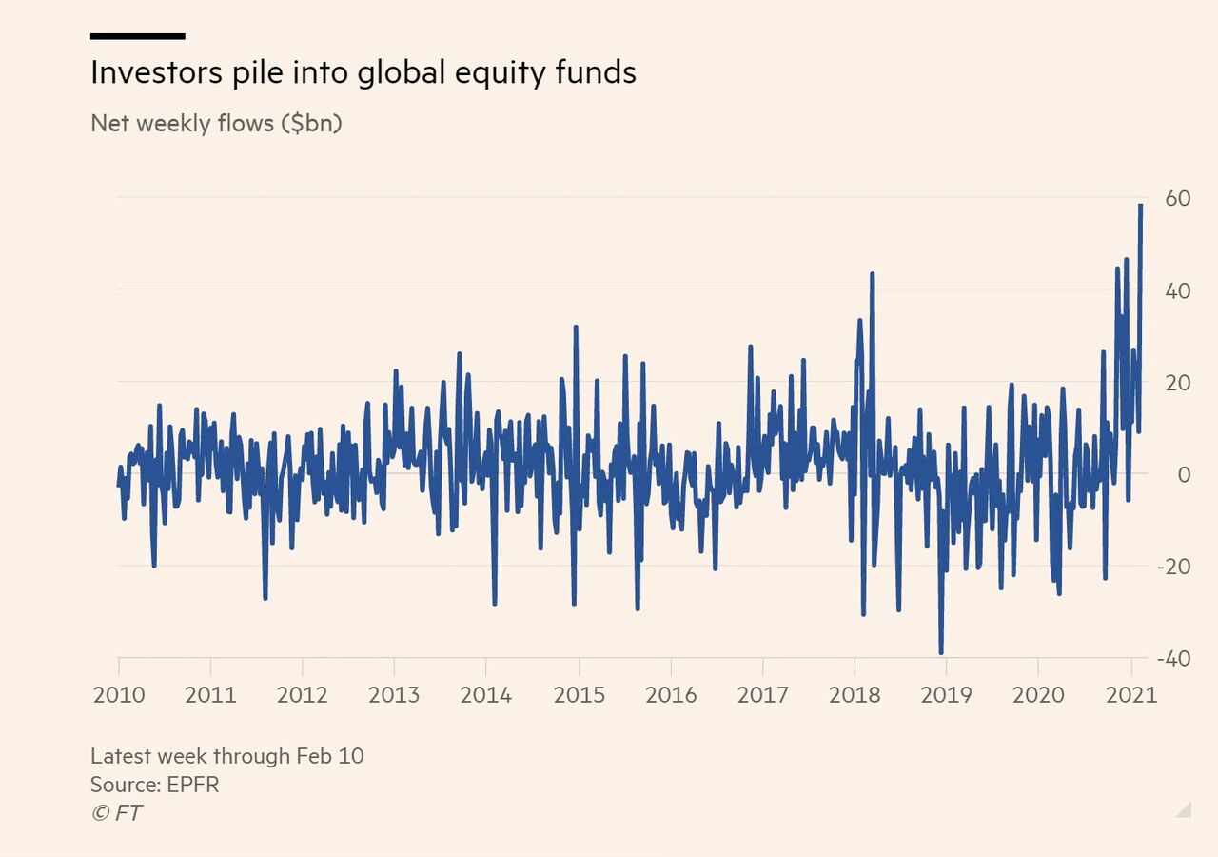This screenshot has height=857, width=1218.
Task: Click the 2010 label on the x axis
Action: (119, 694)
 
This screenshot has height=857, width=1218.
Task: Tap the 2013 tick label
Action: (394, 694)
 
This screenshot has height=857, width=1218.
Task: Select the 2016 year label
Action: (671, 694)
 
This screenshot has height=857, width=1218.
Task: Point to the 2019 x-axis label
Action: (947, 694)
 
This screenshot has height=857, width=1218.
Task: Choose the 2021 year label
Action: (1131, 694)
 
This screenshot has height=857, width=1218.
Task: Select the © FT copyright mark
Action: (116, 813)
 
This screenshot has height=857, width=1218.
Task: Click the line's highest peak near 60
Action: (1140, 206)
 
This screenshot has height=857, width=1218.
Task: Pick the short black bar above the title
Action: (137, 36)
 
